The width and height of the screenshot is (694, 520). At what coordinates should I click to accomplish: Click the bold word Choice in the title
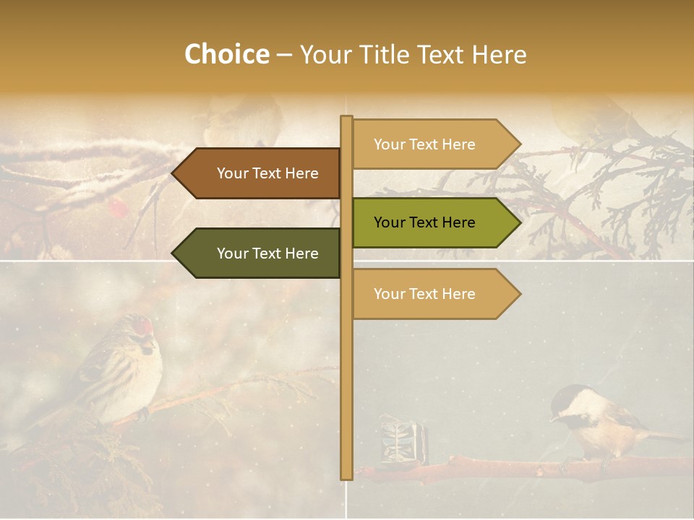coord(226,55)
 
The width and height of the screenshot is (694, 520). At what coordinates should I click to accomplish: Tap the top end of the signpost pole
coord(346,118)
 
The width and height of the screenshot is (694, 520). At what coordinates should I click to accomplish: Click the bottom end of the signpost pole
coord(346,477)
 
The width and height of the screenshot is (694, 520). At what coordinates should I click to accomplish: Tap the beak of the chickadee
coord(553,417)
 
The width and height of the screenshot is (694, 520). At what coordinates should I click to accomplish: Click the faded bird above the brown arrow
coord(242,119)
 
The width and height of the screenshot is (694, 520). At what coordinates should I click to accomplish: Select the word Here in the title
coord(499,55)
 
